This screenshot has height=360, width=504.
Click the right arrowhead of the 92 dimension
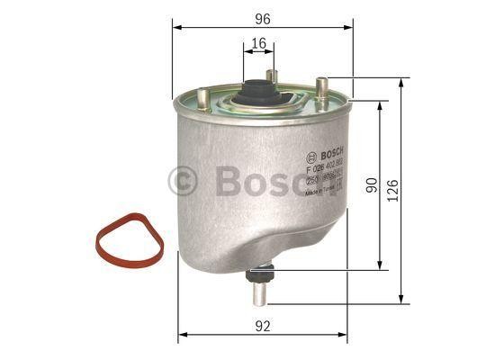(346, 334)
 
